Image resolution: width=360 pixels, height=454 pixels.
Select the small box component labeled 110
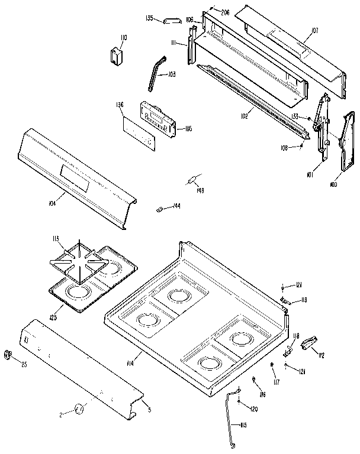pyautogui.click(x=116, y=54)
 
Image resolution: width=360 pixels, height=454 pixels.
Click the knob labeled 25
pyautogui.click(x=8, y=354)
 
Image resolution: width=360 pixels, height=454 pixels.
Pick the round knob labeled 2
pyautogui.click(x=79, y=407)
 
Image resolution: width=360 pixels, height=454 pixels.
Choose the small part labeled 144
pyautogui.click(x=159, y=208)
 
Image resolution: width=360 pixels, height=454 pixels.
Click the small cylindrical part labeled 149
pyautogui.click(x=193, y=180)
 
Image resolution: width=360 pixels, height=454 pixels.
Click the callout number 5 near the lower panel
pyautogui.click(x=149, y=410)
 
